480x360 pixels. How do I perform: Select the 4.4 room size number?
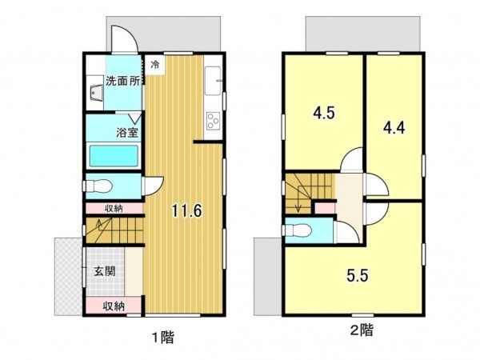point(393,126)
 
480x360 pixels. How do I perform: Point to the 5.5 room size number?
point(356,279)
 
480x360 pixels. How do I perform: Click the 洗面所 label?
point(123,80)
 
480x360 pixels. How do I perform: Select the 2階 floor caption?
point(361,329)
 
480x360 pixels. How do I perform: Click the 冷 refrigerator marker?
point(155,63)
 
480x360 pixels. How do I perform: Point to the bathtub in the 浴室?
point(114,154)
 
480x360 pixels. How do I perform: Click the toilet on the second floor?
point(299,230)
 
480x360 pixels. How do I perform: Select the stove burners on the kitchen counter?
point(214,121)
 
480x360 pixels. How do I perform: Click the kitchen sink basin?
point(214,80)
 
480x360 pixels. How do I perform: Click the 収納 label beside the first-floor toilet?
point(114,209)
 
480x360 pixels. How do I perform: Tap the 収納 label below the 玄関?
point(114,306)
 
